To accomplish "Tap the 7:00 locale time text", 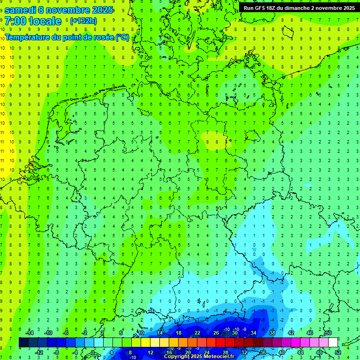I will click(33, 21).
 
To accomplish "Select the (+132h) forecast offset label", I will click(83, 21).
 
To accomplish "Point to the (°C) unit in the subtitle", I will click(122, 37).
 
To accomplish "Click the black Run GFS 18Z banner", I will click(299, 8).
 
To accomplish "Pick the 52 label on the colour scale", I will click(337, 352).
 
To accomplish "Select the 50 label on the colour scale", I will click(328, 333).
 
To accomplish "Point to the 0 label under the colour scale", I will click(93, 352).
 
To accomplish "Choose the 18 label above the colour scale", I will click(179, 333).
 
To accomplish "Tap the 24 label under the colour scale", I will click(206, 352).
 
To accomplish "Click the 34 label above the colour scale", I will click(254, 333).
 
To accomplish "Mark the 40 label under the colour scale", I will click(281, 352).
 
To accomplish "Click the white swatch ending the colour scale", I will click(333, 343).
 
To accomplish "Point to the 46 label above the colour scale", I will click(310, 333).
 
